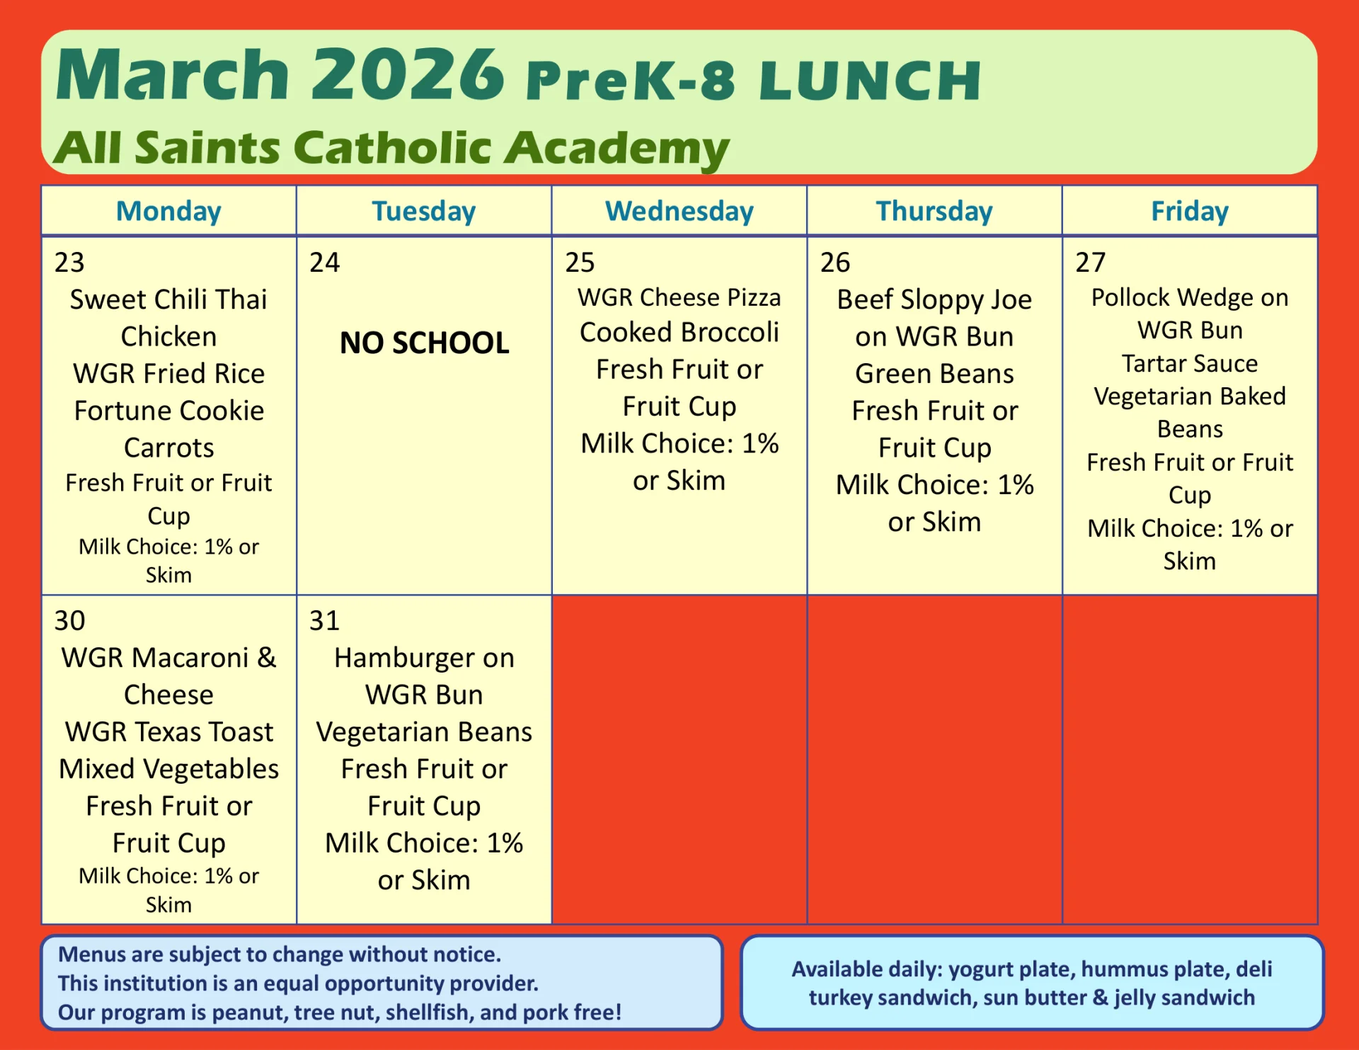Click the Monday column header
[x=168, y=211]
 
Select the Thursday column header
[x=934, y=211]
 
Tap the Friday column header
[x=1190, y=211]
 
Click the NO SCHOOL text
[x=424, y=343]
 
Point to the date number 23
[x=69, y=263]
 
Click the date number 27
[x=1090, y=263]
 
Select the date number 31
[x=324, y=621]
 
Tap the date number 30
[x=69, y=621]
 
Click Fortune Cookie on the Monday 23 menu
[x=168, y=411]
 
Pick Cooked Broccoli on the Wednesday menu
[x=679, y=332]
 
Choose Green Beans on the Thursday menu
[x=934, y=373]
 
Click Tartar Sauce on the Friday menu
[x=1190, y=363]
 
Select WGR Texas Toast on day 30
[x=168, y=732]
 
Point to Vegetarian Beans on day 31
[x=424, y=732]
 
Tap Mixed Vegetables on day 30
[x=168, y=769]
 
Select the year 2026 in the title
[x=407, y=74]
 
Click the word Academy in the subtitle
[x=616, y=148]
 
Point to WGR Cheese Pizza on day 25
[x=679, y=297]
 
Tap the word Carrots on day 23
[x=168, y=447]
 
